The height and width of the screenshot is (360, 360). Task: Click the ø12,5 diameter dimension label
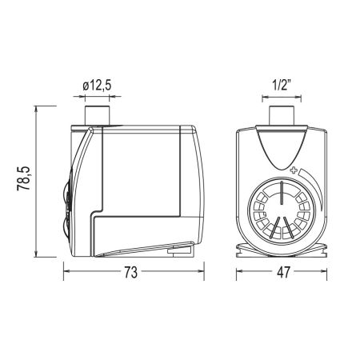pos(97,86)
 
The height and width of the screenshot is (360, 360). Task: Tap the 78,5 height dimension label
pos(23,178)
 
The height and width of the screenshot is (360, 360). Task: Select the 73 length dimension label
pos(130,272)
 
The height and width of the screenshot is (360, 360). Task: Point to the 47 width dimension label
pos(283,272)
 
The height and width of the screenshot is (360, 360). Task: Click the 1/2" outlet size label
pos(281,86)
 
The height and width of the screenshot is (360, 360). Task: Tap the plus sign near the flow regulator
pos(294,170)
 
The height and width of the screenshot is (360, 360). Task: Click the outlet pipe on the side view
pos(97,115)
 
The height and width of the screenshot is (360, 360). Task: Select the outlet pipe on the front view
pos(282,115)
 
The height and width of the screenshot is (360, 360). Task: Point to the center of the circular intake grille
pos(282,210)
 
